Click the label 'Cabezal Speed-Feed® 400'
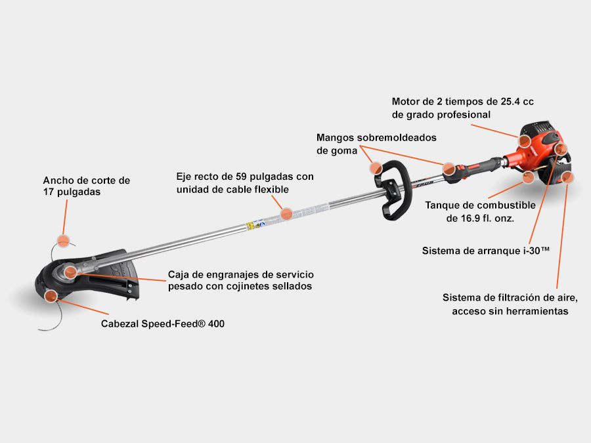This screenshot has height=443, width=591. coord(162,324)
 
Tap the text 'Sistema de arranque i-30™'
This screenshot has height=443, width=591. coord(485,251)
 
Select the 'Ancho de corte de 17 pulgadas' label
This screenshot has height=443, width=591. coord(86,186)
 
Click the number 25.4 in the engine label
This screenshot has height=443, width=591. coord(511,101)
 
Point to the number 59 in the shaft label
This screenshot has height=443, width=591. coord(241,177)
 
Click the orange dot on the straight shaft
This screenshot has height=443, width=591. coord(286,214)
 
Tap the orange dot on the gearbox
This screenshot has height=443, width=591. coord(70,272)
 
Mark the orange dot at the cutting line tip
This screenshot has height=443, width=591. coord(63,241)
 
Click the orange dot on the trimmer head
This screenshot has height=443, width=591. coord(51,296)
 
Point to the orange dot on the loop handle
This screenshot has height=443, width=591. coord(376,168)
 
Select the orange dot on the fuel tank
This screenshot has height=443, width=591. coord(529,177)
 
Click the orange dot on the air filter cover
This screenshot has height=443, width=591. coord(567,177)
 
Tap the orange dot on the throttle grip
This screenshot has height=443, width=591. coord(449,169)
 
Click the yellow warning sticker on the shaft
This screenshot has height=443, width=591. coord(250,226)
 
